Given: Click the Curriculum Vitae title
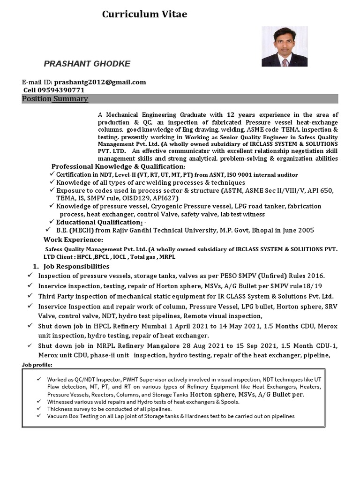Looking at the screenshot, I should (x=144, y=15).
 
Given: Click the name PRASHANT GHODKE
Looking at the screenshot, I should (x=87, y=63).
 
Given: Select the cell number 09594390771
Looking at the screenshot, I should (x=62, y=90).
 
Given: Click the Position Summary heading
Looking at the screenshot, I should (x=55, y=99).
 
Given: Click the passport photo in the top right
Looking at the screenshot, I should (x=285, y=46).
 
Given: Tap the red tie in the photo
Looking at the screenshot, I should (x=285, y=62).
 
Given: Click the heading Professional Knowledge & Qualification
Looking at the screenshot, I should (x=118, y=166).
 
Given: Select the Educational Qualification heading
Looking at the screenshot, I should (x=99, y=222).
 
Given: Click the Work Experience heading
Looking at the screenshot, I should (x=73, y=240).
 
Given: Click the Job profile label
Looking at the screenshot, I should (x=37, y=365).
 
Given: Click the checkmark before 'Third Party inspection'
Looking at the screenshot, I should (x=30, y=296).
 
